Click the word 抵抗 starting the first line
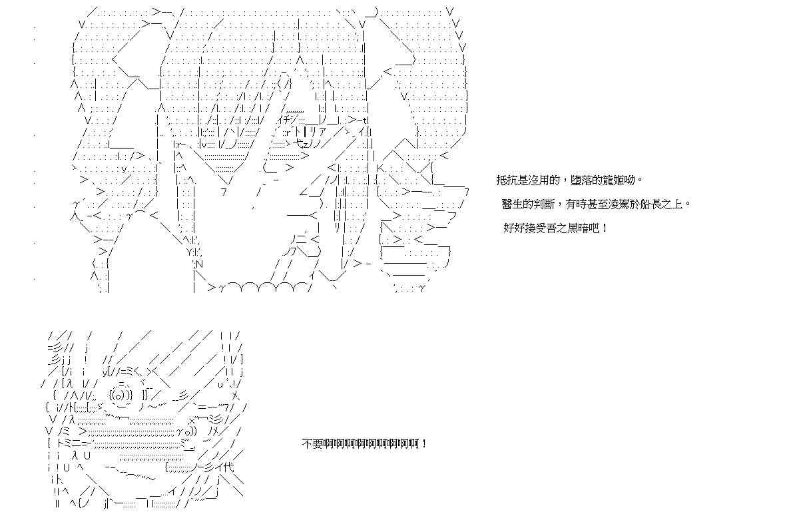pos(505,180)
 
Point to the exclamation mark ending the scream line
pos(425,443)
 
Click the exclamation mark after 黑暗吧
pos(604,228)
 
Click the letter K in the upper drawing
pos(381,168)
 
